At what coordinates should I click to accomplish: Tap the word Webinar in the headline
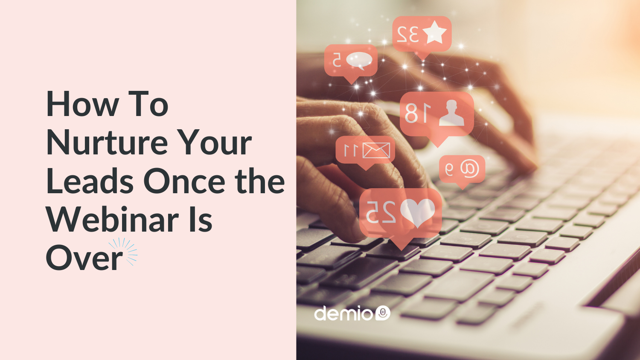[x=113, y=219]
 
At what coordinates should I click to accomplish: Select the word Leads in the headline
[x=90, y=181]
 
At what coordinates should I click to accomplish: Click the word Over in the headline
[x=84, y=258]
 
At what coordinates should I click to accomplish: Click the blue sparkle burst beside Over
[x=125, y=251]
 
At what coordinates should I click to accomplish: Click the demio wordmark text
[x=343, y=313]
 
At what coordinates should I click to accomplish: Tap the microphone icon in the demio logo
[x=383, y=313]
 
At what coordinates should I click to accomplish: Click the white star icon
[x=434, y=32]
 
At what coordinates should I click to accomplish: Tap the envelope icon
[x=376, y=150]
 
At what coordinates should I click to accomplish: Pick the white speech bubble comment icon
[x=359, y=61]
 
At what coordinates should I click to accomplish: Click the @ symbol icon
[x=469, y=168]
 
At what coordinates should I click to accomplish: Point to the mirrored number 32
[x=408, y=35]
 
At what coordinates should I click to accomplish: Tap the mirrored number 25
[x=381, y=212]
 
